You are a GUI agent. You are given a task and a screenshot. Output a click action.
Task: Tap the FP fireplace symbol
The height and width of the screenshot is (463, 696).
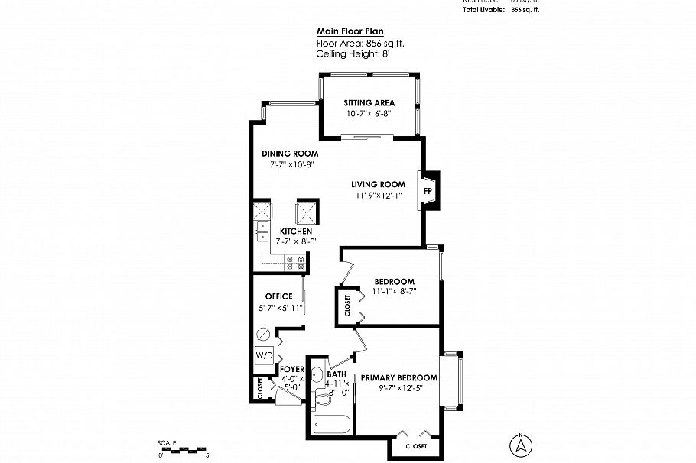(428, 191)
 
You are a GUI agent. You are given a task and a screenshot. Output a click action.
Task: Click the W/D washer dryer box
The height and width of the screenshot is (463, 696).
(264, 355)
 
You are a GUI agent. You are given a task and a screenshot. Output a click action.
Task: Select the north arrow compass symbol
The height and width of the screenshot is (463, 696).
(521, 445)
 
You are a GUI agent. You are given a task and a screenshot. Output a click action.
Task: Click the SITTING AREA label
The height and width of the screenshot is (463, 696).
(369, 102)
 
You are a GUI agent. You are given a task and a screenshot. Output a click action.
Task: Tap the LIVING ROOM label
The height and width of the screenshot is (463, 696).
(378, 184)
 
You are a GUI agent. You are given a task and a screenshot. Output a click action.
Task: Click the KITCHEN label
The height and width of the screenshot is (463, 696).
(295, 231)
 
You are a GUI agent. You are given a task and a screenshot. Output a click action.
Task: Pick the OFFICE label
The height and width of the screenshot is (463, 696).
(278, 296)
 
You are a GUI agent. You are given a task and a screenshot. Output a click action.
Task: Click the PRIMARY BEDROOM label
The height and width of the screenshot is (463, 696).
(399, 377)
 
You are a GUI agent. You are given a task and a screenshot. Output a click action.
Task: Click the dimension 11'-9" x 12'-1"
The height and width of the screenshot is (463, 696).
(378, 196)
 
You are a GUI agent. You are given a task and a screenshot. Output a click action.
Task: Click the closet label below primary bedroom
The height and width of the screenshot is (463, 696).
(416, 445)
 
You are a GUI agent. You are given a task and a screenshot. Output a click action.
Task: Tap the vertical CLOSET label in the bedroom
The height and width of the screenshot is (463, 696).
(346, 306)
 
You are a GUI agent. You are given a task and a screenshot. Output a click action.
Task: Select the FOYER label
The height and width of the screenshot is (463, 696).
(293, 370)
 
